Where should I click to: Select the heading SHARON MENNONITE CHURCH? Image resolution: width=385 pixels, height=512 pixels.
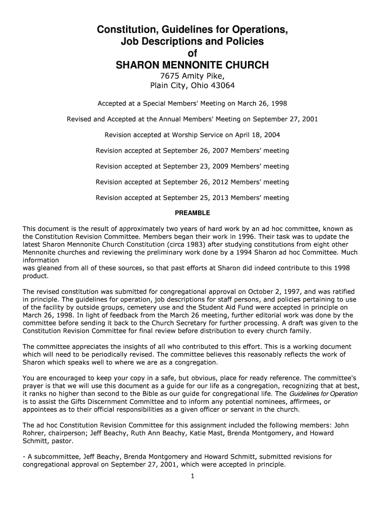192,65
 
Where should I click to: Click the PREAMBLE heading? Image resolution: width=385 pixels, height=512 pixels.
192,213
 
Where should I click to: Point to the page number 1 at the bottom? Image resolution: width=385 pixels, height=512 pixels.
192,476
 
